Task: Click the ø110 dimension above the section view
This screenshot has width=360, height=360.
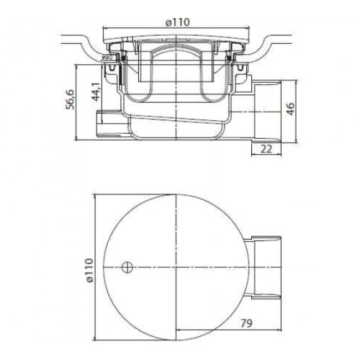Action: point(178,22)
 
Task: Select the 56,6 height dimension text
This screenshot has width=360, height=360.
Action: point(71,99)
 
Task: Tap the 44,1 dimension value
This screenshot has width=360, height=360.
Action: point(96,92)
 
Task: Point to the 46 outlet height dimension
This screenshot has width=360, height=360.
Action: point(290,109)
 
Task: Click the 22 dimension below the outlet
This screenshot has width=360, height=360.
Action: point(266,149)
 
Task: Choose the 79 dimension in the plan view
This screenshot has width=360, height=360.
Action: point(246,323)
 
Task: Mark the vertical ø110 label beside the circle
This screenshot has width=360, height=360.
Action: point(89,270)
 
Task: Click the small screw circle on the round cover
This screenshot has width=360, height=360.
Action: point(127,267)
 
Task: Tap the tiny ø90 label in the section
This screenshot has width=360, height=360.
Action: point(106,58)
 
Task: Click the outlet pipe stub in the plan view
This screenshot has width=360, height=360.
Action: point(265,267)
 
